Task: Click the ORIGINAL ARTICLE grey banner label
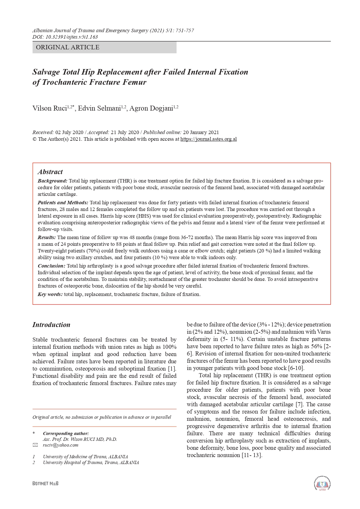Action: (x=68, y=47)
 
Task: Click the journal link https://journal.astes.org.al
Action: (x=208, y=139)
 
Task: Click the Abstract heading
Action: (x=50, y=172)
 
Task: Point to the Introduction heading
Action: (x=51, y=325)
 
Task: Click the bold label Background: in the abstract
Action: (x=53, y=181)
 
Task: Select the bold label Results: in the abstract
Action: (x=46, y=237)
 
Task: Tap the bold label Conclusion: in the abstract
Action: (x=51, y=266)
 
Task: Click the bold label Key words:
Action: (x=50, y=294)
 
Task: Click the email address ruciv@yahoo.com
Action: (x=60, y=445)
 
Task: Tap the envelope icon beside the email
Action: (x=35, y=445)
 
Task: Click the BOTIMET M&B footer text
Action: (x=46, y=483)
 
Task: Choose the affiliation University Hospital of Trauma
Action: (x=91, y=462)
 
